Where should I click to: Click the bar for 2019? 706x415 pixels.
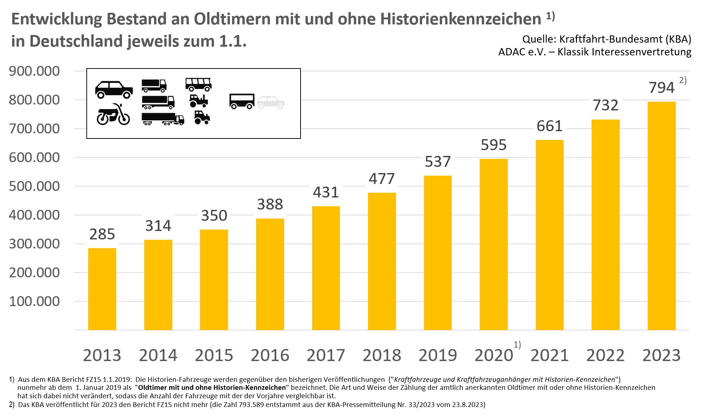438,253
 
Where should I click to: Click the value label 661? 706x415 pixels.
549,126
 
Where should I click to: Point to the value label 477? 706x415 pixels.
381,179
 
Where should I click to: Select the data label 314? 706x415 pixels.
158,226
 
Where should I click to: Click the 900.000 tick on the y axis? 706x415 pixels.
34,71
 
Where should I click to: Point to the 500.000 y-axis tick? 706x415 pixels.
34,186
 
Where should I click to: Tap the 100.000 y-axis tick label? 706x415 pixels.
34,301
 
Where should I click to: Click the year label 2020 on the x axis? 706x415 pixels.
494,355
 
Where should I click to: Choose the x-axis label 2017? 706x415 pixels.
326,355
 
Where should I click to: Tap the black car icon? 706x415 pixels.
114,89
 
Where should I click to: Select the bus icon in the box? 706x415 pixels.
198,84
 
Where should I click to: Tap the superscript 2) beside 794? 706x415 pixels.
683,81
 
